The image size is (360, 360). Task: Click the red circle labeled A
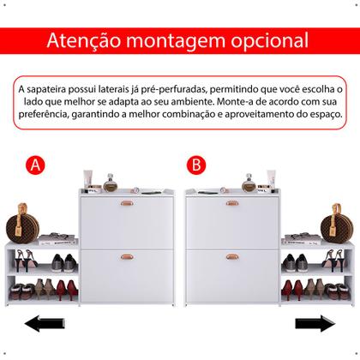[x=35, y=164]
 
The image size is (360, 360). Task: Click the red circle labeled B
[x=196, y=164]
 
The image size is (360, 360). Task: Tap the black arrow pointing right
[x=315, y=324]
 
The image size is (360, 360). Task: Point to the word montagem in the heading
[x=177, y=40]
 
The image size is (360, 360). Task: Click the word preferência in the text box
[x=51, y=113]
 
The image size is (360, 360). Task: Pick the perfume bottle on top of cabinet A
[x=110, y=183]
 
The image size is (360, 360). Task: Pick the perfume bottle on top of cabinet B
[x=249, y=183]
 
